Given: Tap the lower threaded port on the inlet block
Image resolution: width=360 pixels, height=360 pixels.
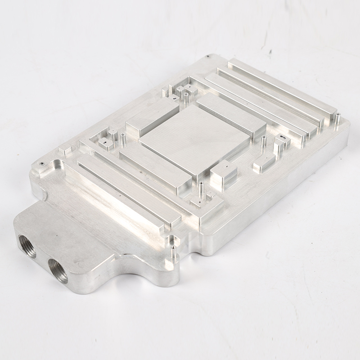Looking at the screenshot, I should (x=58, y=270).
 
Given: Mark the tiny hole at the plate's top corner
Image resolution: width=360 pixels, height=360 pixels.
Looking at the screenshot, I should (x=208, y=57).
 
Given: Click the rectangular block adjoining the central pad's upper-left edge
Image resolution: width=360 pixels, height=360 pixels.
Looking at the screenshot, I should (x=152, y=118).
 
